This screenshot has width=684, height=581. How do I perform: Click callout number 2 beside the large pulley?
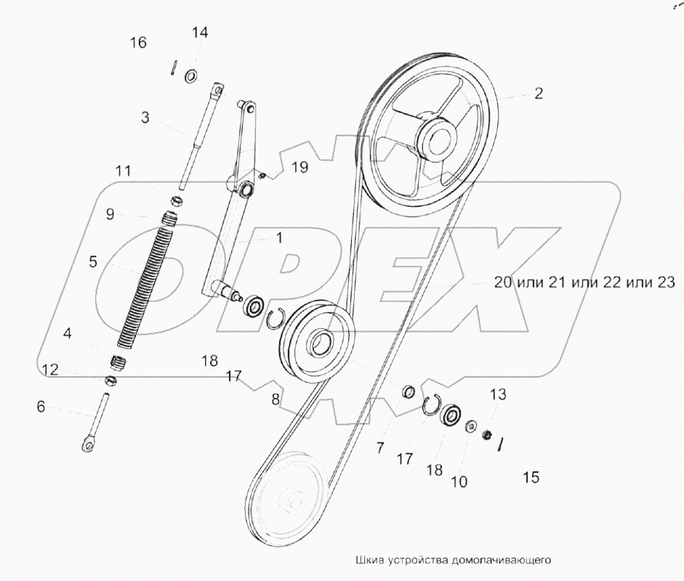click(539, 93)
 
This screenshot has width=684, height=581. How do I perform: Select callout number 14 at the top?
click(200, 32)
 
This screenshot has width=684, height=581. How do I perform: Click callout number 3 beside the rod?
click(145, 117)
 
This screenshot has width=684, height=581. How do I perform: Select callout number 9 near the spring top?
click(110, 214)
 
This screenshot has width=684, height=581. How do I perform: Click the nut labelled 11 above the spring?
click(176, 201)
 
